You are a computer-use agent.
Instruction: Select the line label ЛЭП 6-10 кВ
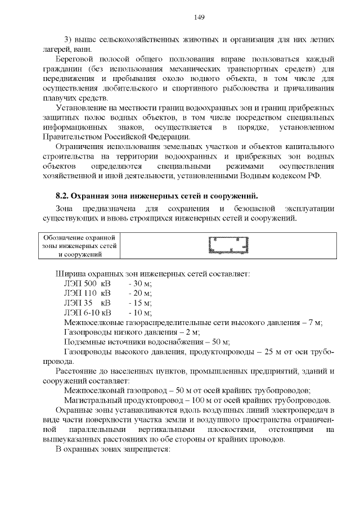[88, 313]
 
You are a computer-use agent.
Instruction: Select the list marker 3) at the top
[70, 40]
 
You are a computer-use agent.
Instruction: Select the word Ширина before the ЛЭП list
[70, 274]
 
